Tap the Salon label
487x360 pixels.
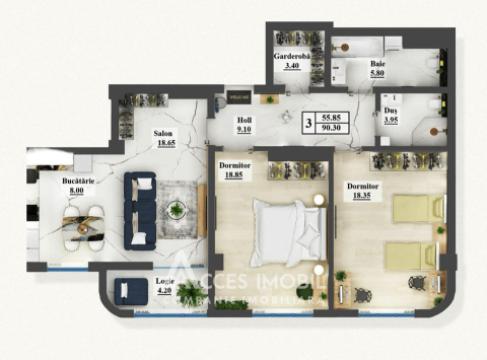click(x=164, y=133)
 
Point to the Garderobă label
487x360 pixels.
click(x=292, y=57)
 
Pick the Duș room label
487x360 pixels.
click(x=392, y=111)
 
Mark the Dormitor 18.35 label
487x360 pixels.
click(x=363, y=185)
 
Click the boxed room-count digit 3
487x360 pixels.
click(x=309, y=122)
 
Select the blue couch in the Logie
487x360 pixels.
click(x=127, y=292)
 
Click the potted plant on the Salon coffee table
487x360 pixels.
click(x=177, y=209)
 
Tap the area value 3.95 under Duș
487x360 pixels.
click(x=392, y=122)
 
